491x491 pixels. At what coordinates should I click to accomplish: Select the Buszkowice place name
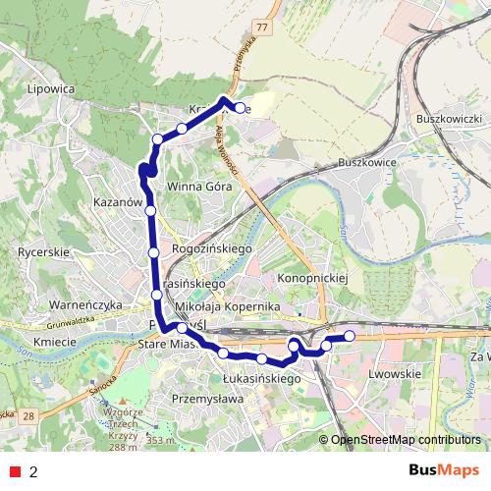tap(367, 161)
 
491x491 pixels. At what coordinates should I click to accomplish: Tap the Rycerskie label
tap(41, 252)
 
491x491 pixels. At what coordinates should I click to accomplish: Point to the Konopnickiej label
tap(313, 278)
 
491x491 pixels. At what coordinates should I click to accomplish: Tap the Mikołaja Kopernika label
tap(227, 307)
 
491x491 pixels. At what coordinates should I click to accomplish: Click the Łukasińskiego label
tap(260, 377)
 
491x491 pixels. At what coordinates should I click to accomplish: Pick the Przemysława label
tap(207, 399)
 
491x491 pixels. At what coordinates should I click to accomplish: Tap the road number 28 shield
tap(29, 417)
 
